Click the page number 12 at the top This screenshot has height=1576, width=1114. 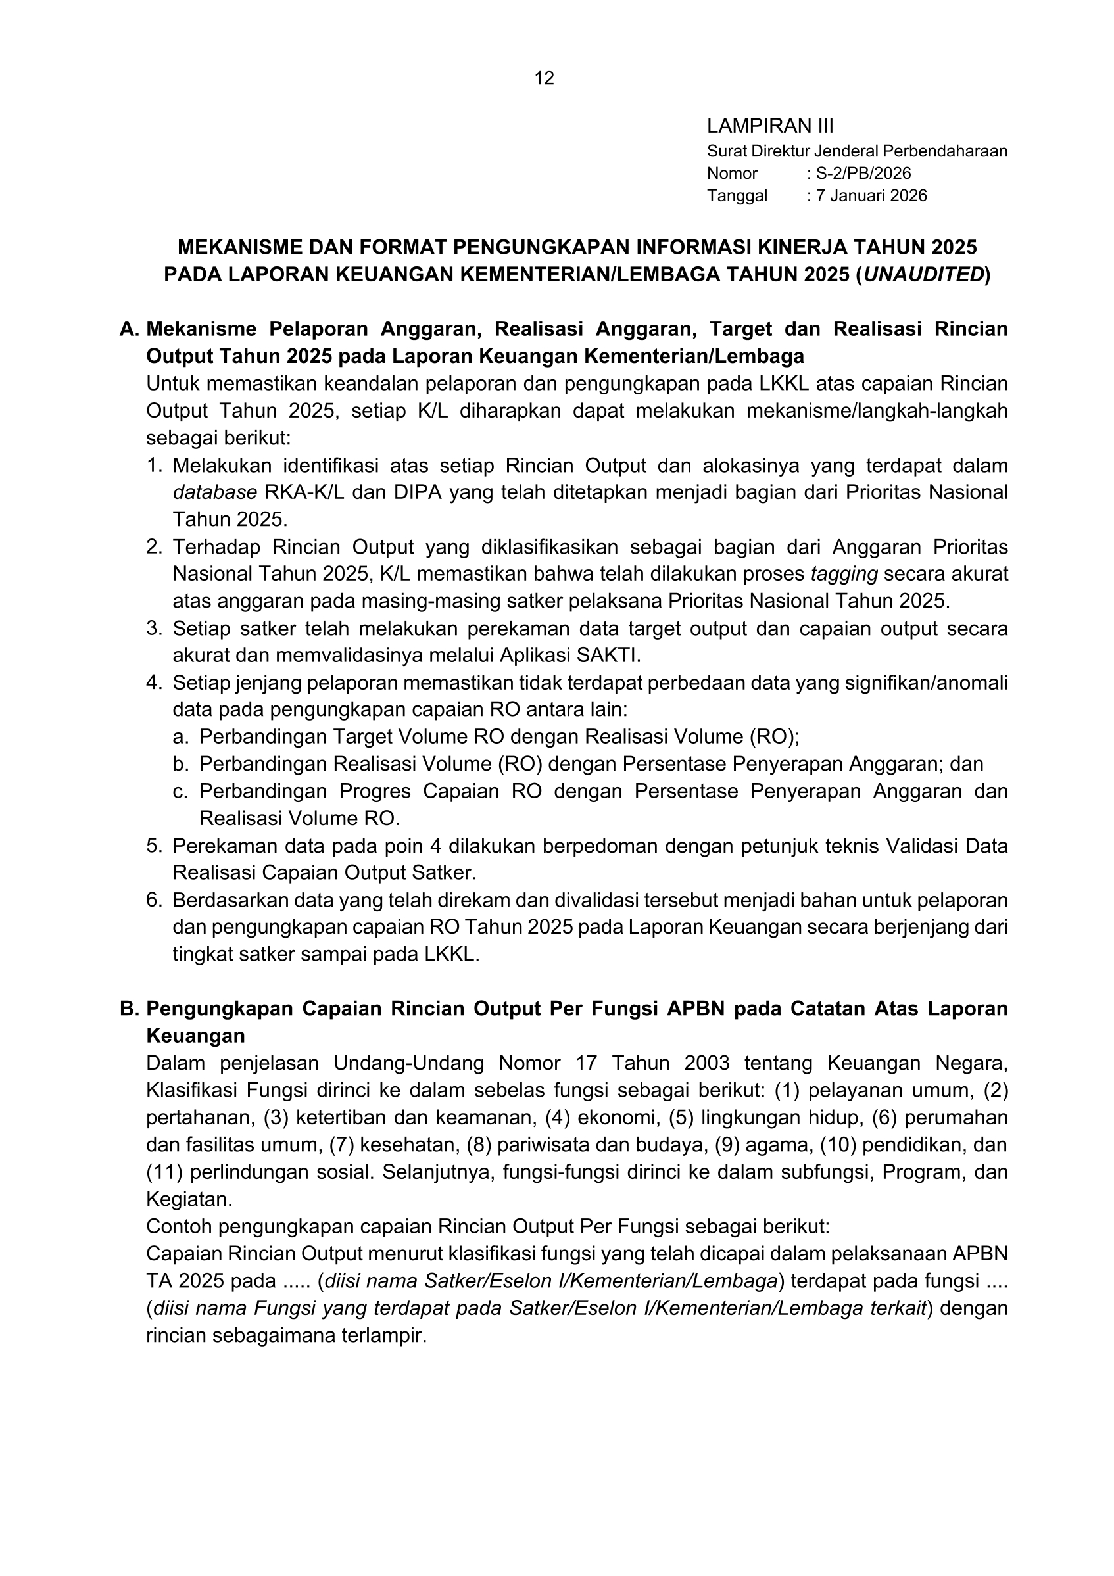pyautogui.click(x=544, y=78)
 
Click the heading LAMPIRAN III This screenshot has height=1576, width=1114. pyautogui.click(x=769, y=126)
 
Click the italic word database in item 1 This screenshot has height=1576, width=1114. pyautogui.click(x=214, y=493)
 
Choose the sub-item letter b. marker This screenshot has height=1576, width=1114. pyautogui.click(x=181, y=764)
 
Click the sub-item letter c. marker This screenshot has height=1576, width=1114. pyautogui.click(x=181, y=792)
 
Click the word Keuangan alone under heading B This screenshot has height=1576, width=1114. pyautogui.click(x=195, y=1035)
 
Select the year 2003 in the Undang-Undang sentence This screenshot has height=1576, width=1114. pyautogui.click(x=706, y=1063)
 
